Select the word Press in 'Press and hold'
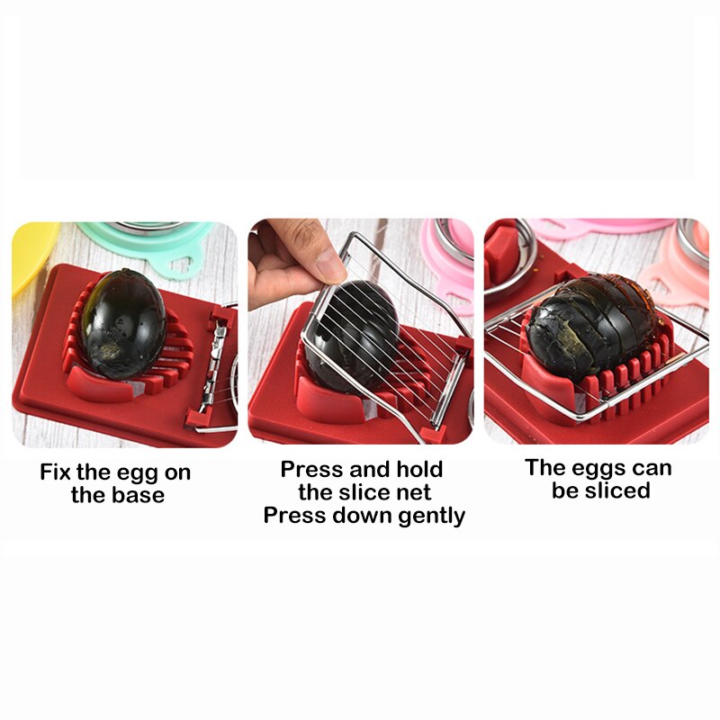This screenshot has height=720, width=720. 312,470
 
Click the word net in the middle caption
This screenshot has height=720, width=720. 411,492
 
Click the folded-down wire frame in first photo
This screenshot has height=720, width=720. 216,369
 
